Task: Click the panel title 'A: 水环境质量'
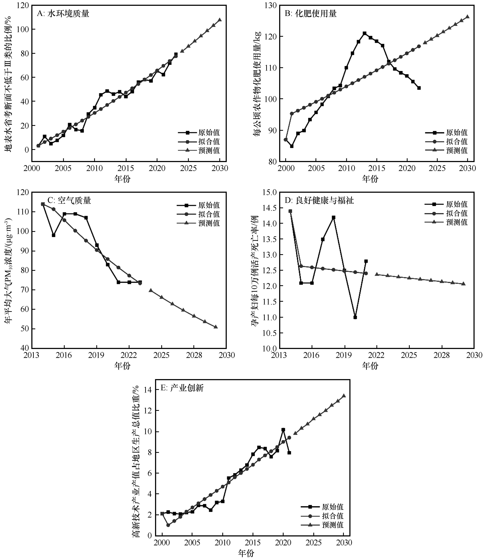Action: click(63, 14)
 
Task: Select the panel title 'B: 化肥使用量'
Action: click(311, 14)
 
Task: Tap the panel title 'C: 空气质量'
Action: click(69, 201)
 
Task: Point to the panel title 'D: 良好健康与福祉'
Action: click(319, 201)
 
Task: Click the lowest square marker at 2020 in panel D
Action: click(355, 317)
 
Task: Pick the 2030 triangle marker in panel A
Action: click(220, 20)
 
